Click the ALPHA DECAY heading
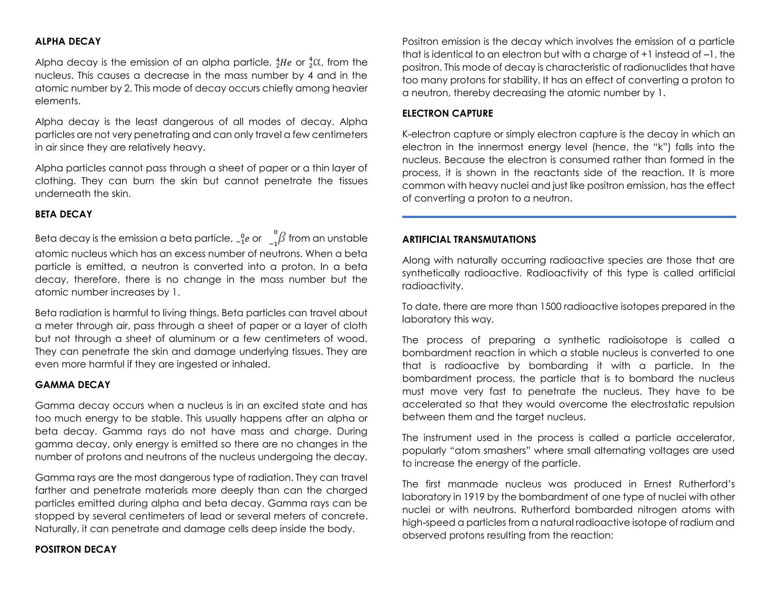[x=68, y=41]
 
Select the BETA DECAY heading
[x=63, y=214]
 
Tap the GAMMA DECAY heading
[x=73, y=385]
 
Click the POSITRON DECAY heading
[x=76, y=550]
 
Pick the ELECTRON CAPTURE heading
[x=447, y=113]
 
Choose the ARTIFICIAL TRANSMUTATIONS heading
[x=469, y=240]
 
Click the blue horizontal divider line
[x=568, y=217]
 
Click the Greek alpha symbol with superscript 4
[x=316, y=62]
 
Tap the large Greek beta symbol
[x=281, y=238]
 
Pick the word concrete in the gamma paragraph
[x=343, y=516]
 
